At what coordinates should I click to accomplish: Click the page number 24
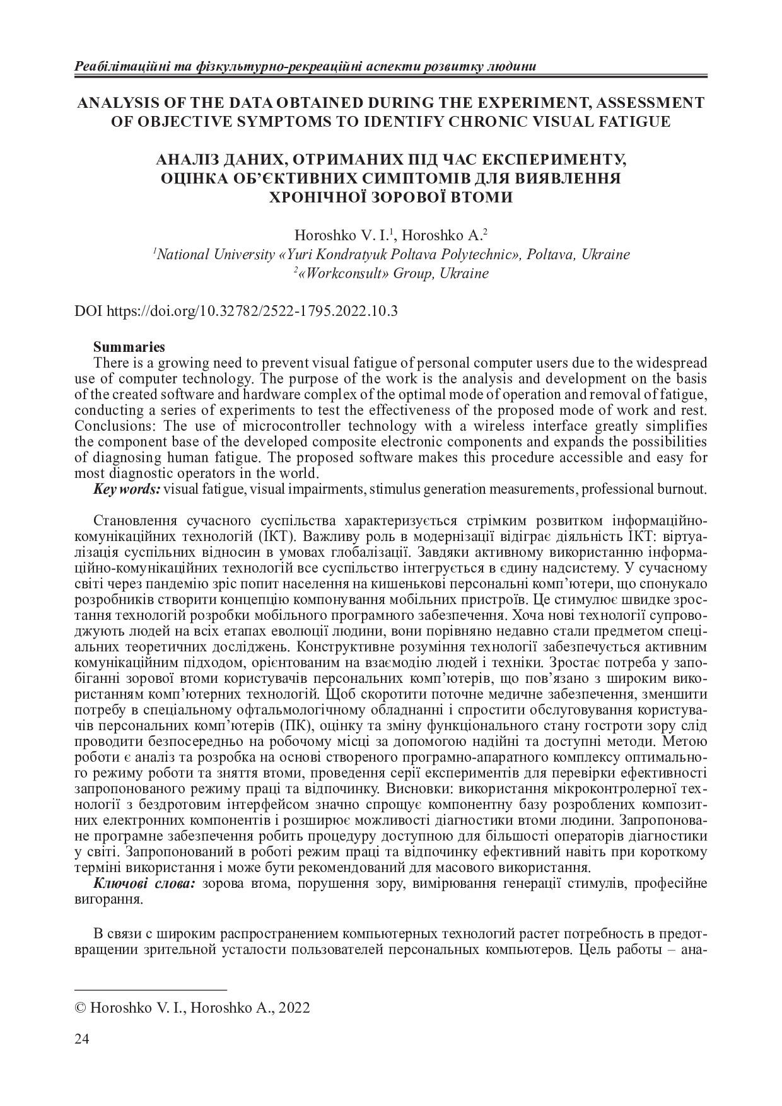[x=82, y=1039]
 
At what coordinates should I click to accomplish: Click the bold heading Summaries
[x=129, y=347]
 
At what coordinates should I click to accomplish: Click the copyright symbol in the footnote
[x=81, y=1008]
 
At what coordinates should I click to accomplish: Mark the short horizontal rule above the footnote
[x=151, y=991]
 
